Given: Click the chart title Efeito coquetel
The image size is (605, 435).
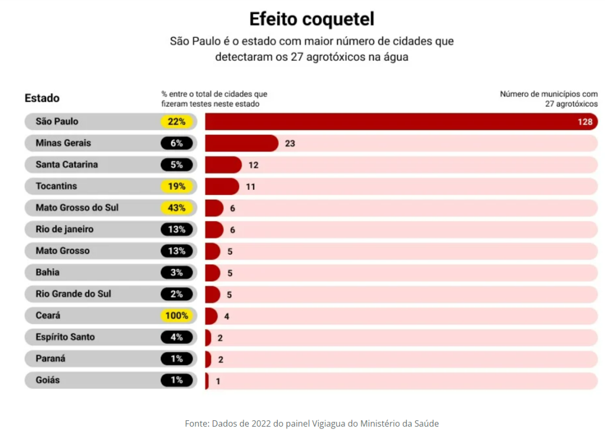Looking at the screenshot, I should (311, 19).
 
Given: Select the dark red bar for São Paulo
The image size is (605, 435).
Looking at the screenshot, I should (390, 122).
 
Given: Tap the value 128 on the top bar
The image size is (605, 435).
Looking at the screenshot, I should (585, 122).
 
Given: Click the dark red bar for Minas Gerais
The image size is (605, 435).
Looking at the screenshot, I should (241, 143).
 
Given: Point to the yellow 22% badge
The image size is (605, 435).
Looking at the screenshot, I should (177, 122).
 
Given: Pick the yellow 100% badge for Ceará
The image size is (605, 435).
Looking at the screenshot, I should (177, 316).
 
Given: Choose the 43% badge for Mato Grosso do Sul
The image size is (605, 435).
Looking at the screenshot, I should (177, 208).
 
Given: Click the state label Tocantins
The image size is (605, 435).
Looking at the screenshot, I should (56, 186).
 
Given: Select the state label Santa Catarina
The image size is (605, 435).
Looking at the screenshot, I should (67, 164).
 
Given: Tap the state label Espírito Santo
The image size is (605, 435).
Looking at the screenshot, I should (65, 337).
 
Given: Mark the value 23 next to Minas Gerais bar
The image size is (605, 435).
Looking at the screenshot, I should (290, 144).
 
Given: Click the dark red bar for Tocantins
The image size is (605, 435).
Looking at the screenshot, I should (222, 186).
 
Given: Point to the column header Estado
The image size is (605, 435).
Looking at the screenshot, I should (42, 98).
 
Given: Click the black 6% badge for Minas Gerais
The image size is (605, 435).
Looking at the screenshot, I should (177, 143).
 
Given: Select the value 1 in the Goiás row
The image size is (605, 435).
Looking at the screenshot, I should (218, 381).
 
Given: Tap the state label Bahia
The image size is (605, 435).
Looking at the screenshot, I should (47, 272).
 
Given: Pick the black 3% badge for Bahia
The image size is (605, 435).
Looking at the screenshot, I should (177, 272).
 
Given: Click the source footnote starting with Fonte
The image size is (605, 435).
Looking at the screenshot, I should (311, 423).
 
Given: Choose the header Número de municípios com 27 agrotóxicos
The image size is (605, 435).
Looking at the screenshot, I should (548, 99).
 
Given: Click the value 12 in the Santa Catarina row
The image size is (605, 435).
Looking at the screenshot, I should (253, 165).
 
